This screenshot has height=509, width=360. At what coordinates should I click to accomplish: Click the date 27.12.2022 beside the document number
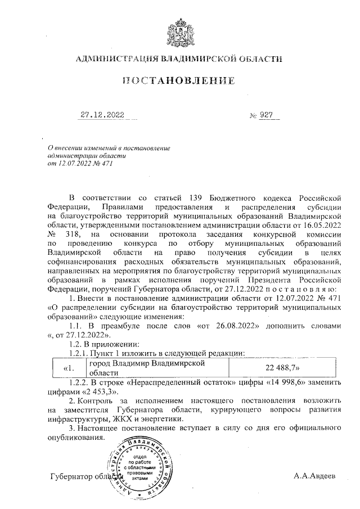click(x=101, y=115)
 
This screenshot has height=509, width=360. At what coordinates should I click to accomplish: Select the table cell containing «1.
click(x=67, y=368)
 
